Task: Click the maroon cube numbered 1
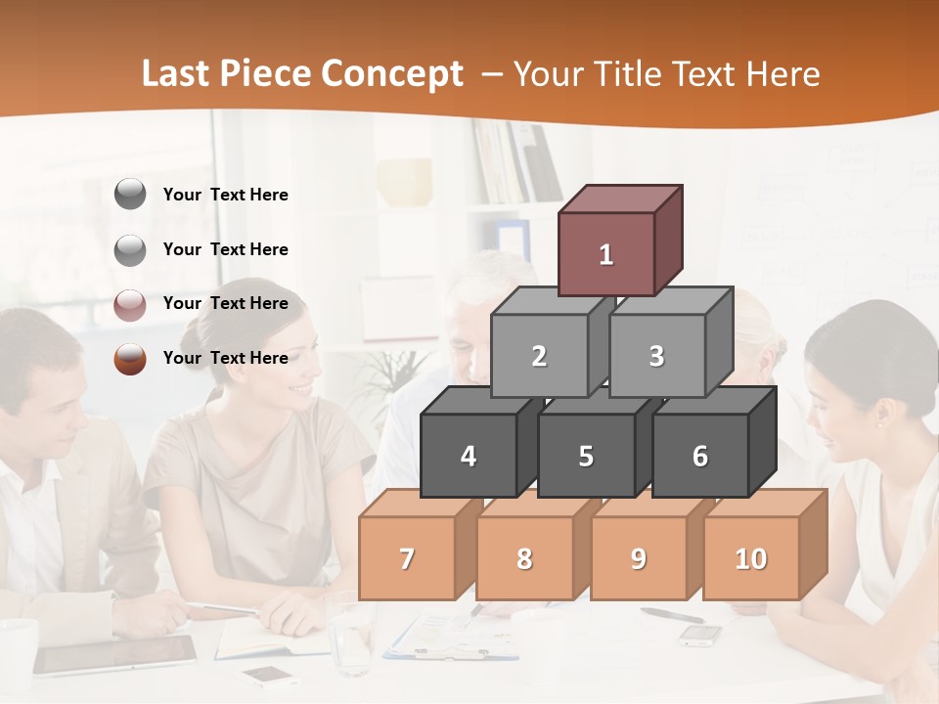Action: (x=606, y=254)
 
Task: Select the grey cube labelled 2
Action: (x=539, y=356)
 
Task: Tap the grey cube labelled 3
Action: (x=656, y=356)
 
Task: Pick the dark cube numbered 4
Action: (x=469, y=456)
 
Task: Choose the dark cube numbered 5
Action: (x=585, y=456)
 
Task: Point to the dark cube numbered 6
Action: (x=699, y=456)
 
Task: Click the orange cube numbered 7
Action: (x=407, y=558)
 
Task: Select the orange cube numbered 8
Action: (x=524, y=558)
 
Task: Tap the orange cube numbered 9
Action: (x=638, y=558)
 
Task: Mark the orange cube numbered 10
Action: (x=751, y=558)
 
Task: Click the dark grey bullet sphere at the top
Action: (x=130, y=195)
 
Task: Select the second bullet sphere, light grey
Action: (x=130, y=250)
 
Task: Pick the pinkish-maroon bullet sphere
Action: (x=130, y=305)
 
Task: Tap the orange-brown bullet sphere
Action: (x=130, y=359)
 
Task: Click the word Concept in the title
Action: (x=392, y=74)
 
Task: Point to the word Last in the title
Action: (x=177, y=74)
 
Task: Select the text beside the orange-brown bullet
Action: (x=226, y=358)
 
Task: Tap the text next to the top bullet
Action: (x=226, y=195)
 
